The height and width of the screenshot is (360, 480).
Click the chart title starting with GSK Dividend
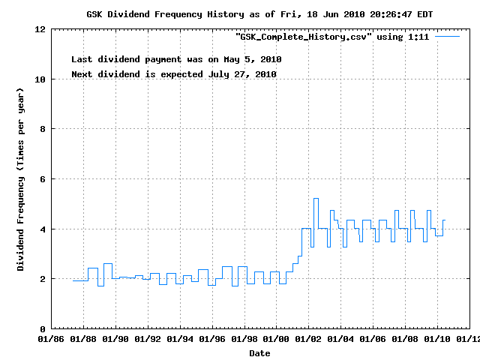point(259,14)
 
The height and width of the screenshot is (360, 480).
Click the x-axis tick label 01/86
point(51,339)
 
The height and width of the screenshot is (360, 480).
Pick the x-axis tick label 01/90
point(115,339)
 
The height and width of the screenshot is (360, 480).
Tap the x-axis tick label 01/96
point(212,339)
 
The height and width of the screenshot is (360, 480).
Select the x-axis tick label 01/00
point(277,339)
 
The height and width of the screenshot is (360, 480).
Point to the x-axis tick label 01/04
point(341,339)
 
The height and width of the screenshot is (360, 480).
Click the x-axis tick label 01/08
point(406,339)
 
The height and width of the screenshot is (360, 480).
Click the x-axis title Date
point(259,352)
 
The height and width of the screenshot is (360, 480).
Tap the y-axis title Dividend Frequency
point(21,179)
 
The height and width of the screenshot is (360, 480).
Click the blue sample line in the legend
point(447,36)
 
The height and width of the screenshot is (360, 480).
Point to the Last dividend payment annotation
point(176,58)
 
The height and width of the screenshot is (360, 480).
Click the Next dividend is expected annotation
point(173,74)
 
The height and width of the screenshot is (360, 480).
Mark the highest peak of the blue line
point(316,199)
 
